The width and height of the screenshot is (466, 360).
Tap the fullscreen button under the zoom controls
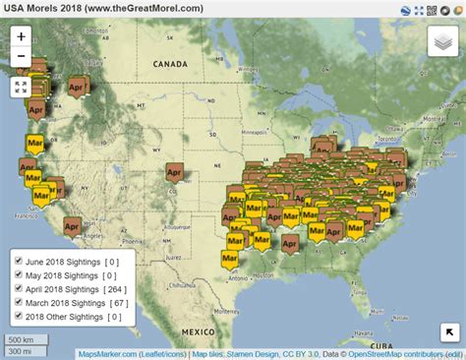22,87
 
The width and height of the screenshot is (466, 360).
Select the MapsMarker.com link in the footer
106,353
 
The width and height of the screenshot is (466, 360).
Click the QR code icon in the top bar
420,9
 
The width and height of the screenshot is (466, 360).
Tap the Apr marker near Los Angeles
72,225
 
